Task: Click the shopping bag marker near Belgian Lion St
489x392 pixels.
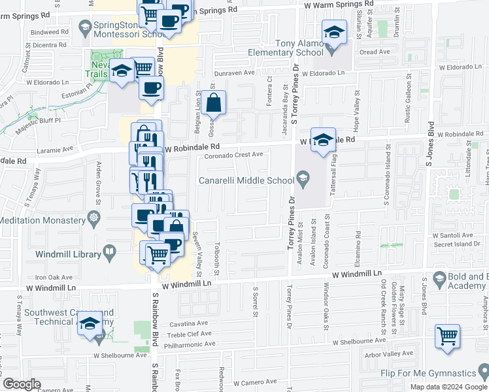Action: tap(214, 103)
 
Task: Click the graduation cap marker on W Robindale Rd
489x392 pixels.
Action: tap(323, 140)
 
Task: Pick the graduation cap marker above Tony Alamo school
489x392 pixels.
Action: tap(333, 32)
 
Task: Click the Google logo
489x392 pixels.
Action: tap(22, 384)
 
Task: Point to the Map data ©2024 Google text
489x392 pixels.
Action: tap(448, 387)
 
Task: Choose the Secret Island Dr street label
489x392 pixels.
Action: tap(457, 245)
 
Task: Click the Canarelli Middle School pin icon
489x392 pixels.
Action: tap(303, 177)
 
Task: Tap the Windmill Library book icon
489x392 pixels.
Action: tap(110, 251)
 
